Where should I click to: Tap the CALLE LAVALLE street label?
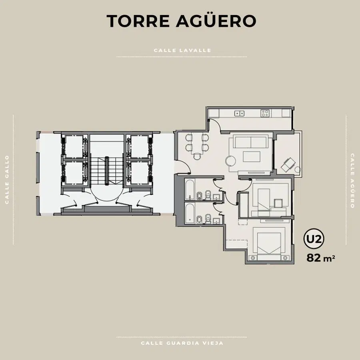tap(182, 50)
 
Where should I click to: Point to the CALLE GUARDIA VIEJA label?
tap(182, 343)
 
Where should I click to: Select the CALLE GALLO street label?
tap(7, 180)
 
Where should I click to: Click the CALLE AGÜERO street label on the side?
tap(352, 181)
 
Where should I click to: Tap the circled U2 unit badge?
tap(314, 239)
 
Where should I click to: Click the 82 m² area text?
tap(320, 258)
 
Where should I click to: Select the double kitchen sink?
tap(239, 113)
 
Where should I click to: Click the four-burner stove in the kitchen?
tap(265, 113)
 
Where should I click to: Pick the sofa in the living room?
tap(250, 142)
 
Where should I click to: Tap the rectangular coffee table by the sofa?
tap(252, 156)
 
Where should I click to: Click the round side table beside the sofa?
tap(230, 160)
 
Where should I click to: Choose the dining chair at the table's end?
tap(197, 156)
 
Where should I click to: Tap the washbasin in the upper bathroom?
tap(216, 197)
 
